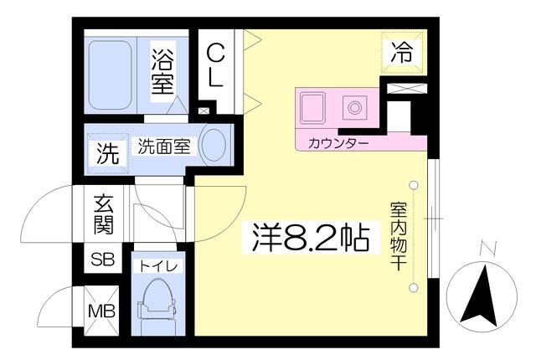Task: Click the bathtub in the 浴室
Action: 110,75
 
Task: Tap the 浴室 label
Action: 162,71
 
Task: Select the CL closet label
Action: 216,67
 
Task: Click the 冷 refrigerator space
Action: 402,52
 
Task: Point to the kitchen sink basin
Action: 312,108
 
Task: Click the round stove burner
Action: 354,108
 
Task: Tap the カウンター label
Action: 338,143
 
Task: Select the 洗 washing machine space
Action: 108,153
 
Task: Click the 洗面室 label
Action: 164,147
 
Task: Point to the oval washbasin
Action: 214,145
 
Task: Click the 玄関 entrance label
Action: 103,214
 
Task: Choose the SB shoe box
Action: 102,260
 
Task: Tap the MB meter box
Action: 101,311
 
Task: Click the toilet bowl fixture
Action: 158,306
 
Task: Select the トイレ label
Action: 159,266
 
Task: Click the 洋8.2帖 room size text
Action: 311,238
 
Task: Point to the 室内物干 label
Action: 399,238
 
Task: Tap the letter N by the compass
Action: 488,249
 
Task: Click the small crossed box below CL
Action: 204,111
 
